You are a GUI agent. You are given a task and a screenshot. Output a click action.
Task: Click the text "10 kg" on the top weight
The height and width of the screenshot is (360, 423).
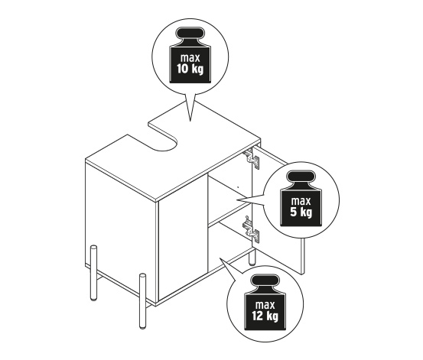click(x=190, y=69)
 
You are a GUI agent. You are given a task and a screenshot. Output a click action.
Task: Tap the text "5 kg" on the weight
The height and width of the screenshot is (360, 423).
click(x=301, y=212)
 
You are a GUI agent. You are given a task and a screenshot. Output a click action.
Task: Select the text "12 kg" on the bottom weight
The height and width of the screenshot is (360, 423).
click(x=265, y=316)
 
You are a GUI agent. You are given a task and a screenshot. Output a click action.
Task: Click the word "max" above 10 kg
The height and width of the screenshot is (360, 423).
click(x=190, y=58)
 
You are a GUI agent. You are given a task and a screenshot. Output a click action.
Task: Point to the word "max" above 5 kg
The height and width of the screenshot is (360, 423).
click(x=301, y=201)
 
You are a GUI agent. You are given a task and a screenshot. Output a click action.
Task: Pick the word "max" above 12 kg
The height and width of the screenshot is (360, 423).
click(x=265, y=305)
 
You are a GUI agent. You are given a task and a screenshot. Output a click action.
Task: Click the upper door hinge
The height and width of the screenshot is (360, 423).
click(x=252, y=158)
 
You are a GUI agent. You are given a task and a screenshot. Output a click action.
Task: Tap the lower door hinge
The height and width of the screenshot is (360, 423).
click(x=252, y=229)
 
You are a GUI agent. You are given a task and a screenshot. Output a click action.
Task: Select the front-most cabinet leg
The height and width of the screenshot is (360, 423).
click(x=142, y=301)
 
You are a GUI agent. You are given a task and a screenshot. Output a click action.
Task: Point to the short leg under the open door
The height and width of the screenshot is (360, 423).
click(x=252, y=257)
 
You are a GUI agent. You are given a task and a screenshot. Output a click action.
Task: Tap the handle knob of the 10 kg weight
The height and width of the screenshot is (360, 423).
click(x=190, y=33)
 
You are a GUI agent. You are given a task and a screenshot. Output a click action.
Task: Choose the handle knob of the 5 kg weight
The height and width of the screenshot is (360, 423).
click(x=301, y=177)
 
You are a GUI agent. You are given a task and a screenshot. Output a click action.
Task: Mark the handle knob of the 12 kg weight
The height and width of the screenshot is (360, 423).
click(x=265, y=281)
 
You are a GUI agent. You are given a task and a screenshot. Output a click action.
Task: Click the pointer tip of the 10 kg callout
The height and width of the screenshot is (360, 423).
click(x=190, y=121)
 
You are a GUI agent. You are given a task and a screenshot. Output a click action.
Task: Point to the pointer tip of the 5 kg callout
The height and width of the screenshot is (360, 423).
click(x=237, y=200)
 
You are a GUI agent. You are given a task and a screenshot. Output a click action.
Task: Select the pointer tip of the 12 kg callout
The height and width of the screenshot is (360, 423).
click(x=220, y=258)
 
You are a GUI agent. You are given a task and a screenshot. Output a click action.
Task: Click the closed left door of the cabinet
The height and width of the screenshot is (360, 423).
click(x=183, y=236)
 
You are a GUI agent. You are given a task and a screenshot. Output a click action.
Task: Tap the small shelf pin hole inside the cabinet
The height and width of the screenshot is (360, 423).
click(x=238, y=186)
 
